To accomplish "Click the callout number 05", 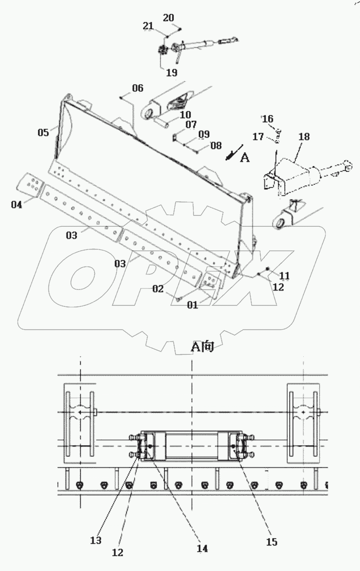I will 43,133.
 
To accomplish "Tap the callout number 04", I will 17,205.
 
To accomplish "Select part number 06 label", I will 138,88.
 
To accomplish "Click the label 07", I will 190,124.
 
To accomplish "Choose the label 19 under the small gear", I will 172,72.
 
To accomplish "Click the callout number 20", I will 168,18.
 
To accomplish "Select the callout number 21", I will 148,26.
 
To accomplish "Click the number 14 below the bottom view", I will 202,549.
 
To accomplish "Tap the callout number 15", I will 271,541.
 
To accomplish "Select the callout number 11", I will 284,275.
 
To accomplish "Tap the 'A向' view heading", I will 201,348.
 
